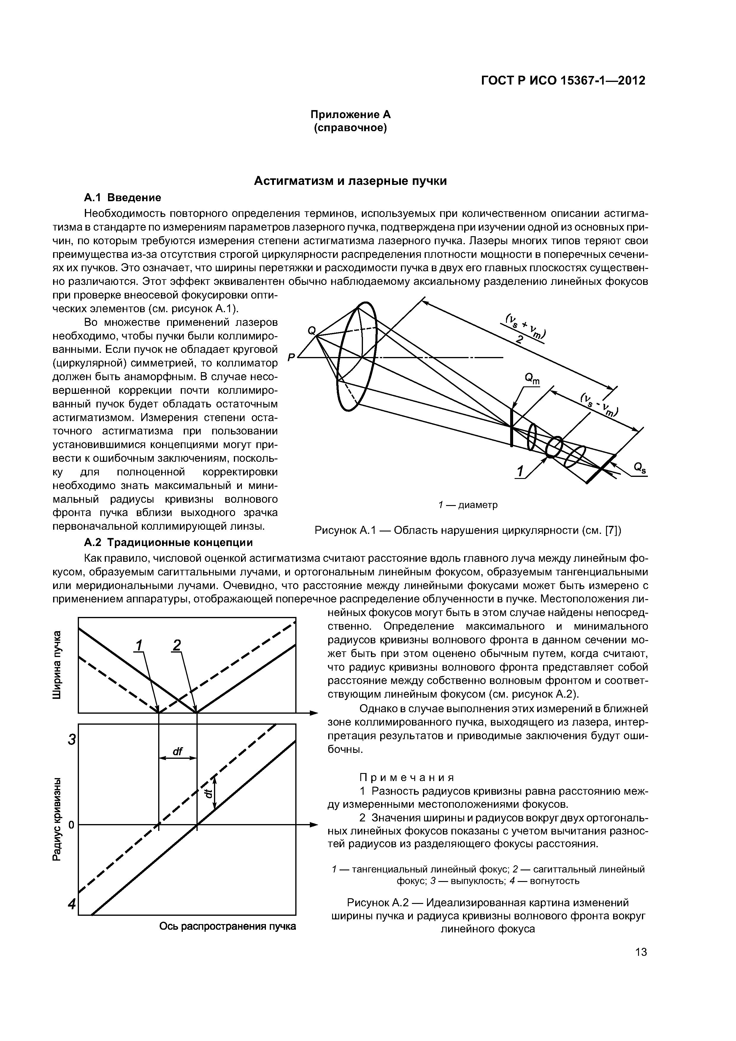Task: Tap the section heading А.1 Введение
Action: (123, 198)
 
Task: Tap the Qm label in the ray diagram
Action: (532, 379)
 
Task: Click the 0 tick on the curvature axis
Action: (71, 825)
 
